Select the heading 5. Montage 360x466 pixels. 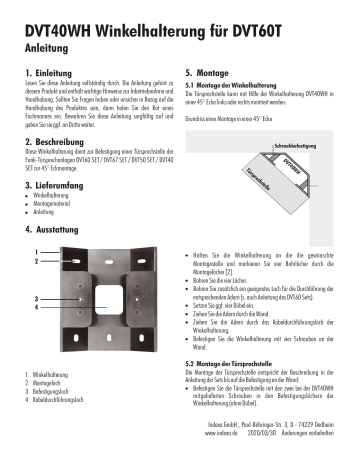pyautogui.click(x=213, y=74)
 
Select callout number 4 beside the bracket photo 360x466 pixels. pyautogui.click(x=37, y=308)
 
